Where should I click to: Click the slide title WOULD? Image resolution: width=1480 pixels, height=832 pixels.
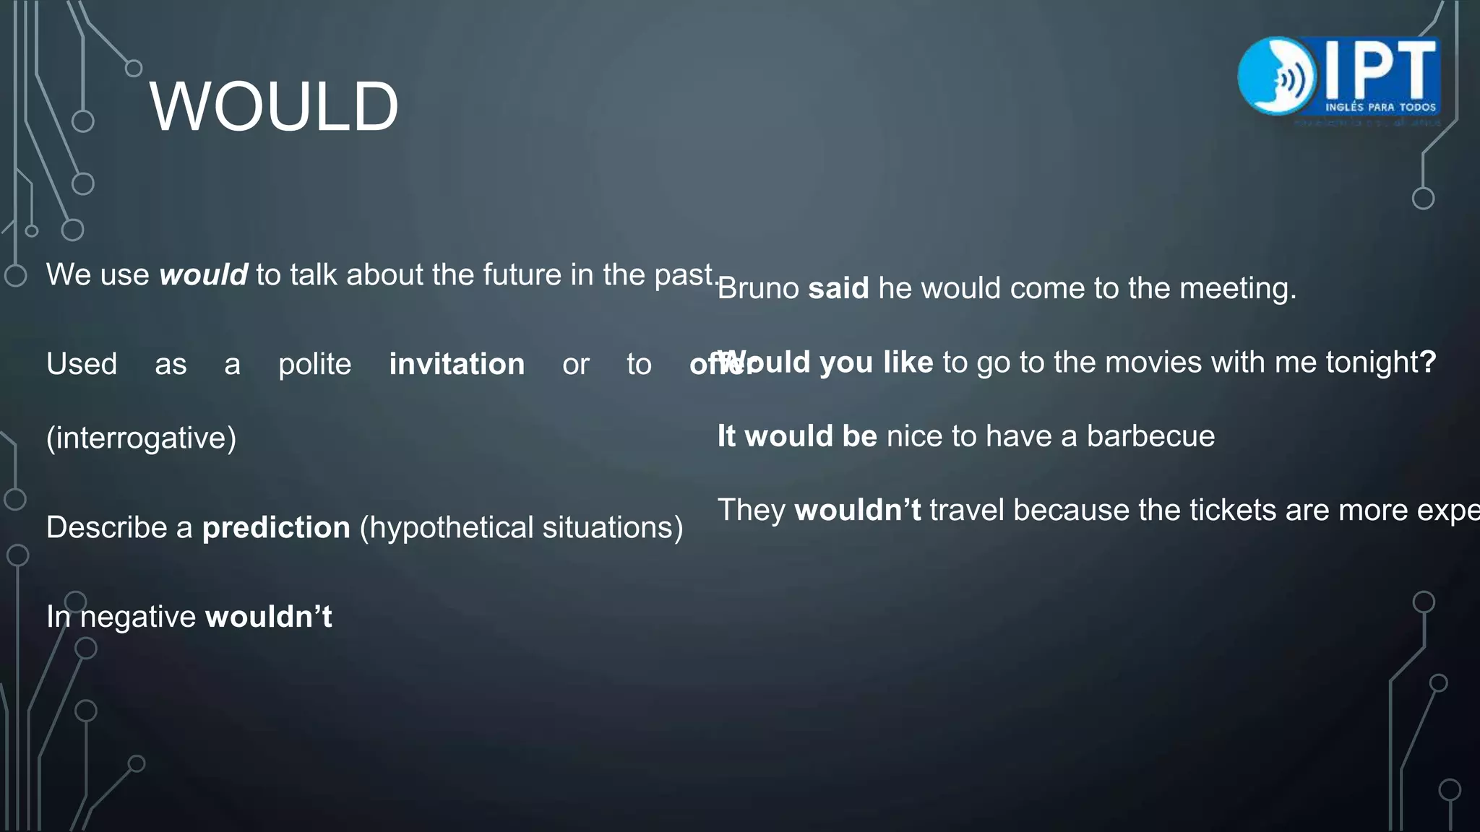pos(274,107)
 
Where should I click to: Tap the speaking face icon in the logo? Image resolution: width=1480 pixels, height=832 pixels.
pos(1276,76)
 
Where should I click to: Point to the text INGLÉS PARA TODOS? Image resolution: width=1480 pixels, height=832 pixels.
pos(1380,107)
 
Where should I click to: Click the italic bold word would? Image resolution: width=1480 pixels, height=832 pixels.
pos(203,275)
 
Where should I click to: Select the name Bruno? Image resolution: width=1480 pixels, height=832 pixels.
pos(758,288)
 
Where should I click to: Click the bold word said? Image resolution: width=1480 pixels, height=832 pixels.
pos(838,288)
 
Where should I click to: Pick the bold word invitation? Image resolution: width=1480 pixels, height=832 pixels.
pos(457,364)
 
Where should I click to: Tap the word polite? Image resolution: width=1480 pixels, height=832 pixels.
pos(314,364)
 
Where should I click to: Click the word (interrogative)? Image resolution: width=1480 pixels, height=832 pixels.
pos(141,438)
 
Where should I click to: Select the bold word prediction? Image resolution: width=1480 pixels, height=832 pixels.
pos(276,527)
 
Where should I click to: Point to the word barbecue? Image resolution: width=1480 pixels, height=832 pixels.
pos(1150,436)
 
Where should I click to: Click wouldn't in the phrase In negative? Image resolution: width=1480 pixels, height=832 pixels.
pos(269,617)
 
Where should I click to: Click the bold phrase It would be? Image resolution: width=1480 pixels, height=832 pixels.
pos(797,436)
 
